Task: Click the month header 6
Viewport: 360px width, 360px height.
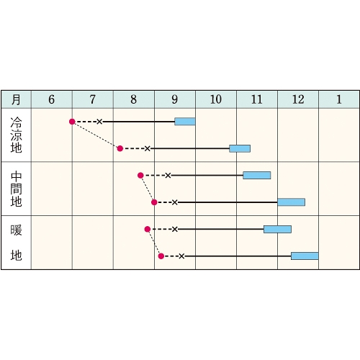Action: (x=52, y=99)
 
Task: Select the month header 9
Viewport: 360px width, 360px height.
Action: (x=175, y=99)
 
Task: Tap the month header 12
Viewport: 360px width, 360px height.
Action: (x=298, y=99)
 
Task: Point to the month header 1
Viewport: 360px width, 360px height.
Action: (x=339, y=99)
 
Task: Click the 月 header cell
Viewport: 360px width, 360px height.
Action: (x=16, y=99)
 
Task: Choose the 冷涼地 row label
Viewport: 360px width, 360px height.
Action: (x=16, y=135)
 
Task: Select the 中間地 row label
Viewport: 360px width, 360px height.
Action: (x=16, y=189)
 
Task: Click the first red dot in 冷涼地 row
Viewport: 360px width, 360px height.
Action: (x=72, y=122)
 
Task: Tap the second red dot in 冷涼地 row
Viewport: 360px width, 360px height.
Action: (x=120, y=148)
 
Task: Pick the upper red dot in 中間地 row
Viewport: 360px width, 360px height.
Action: (x=140, y=176)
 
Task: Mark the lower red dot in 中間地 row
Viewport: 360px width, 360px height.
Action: (x=154, y=202)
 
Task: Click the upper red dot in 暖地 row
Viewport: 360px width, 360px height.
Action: (x=148, y=229)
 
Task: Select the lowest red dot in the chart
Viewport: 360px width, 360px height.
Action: (x=161, y=256)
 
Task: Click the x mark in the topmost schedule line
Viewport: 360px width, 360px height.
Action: (x=99, y=122)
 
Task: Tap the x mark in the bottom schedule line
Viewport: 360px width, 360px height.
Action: (x=181, y=256)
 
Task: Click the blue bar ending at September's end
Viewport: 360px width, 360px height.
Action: (x=185, y=122)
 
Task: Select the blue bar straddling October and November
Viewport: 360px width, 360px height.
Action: (x=240, y=148)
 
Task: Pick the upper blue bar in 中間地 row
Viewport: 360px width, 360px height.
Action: (x=257, y=176)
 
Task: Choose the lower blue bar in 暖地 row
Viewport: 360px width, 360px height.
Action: (x=305, y=256)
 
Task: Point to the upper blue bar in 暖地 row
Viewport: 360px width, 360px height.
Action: (x=277, y=229)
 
